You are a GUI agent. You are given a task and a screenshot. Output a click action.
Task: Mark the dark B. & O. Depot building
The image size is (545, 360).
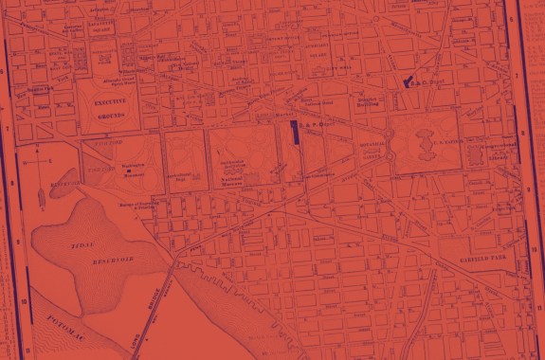tap(409, 83)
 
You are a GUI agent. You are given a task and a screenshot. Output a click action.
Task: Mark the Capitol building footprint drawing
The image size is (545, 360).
tap(426, 142)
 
